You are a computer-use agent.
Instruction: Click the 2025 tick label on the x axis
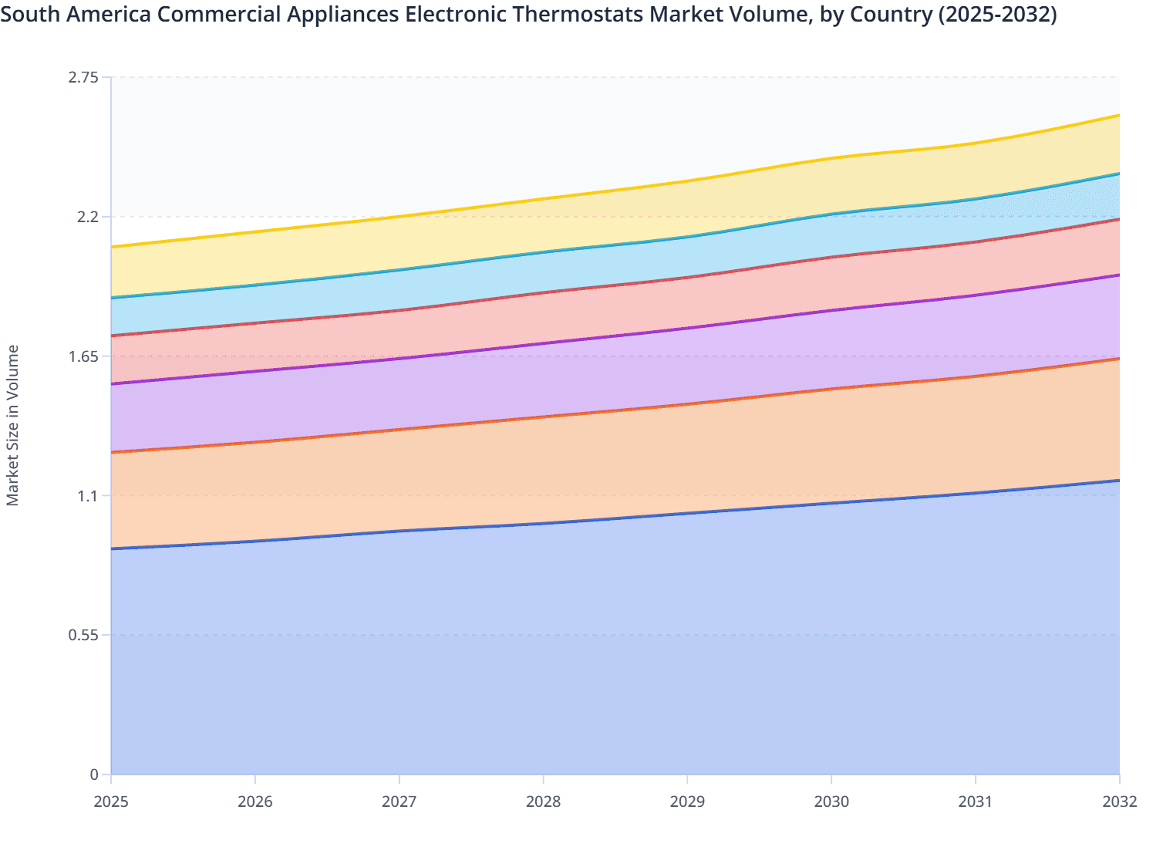tap(111, 802)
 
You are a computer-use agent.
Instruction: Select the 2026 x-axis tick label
tap(255, 802)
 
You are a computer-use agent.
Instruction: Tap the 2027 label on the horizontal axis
tap(399, 802)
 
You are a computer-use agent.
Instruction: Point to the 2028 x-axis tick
tap(543, 802)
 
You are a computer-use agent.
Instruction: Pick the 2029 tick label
tap(687, 802)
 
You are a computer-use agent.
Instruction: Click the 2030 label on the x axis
tap(831, 802)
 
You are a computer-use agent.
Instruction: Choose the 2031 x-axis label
tap(976, 802)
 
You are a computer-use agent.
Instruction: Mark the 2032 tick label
tap(1119, 802)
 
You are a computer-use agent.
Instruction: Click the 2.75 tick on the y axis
tap(83, 77)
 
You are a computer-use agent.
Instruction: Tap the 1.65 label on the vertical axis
tap(83, 356)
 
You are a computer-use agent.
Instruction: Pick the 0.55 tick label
tap(83, 635)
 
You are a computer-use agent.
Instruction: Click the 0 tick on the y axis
tap(95, 775)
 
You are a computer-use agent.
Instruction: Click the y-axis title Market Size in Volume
tap(12, 425)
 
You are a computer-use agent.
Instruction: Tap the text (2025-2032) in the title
tap(995, 14)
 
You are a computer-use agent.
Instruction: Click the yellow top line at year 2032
tap(1118, 116)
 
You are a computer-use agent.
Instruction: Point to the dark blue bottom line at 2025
tap(113, 548)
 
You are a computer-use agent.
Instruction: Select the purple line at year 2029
tap(687, 328)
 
